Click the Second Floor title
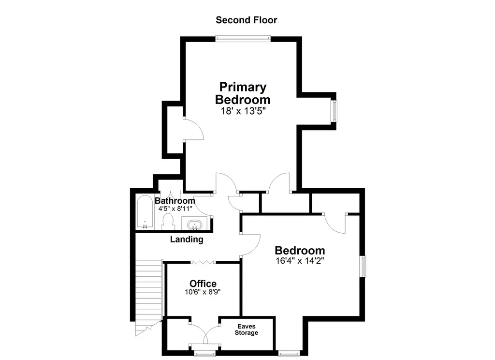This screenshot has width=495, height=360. coord(246,20)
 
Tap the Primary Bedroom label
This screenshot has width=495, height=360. coord(243,93)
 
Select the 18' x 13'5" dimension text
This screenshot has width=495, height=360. coord(243,111)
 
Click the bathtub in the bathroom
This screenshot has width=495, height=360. coord(145,212)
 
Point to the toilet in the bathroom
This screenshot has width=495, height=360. coord(168,222)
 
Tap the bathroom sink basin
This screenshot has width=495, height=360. coord(194,225)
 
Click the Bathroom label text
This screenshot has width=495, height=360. coord(175,201)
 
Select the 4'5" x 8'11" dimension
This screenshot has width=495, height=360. coord(175,209)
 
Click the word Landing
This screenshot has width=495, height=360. coord(187,239)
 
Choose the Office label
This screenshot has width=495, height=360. coord(203,284)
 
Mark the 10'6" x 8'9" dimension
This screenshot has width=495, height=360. coord(203,292)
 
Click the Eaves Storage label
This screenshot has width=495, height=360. coord(246,330)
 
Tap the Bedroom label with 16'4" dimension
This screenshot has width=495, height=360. coord(300,250)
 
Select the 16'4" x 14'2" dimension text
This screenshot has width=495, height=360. coord(300,261)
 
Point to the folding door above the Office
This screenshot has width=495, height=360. coord(203,262)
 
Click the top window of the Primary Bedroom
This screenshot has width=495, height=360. coord(243,39)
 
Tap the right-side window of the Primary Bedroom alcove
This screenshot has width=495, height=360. coord(334,111)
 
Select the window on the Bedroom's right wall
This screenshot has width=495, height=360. coord(363,267)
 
